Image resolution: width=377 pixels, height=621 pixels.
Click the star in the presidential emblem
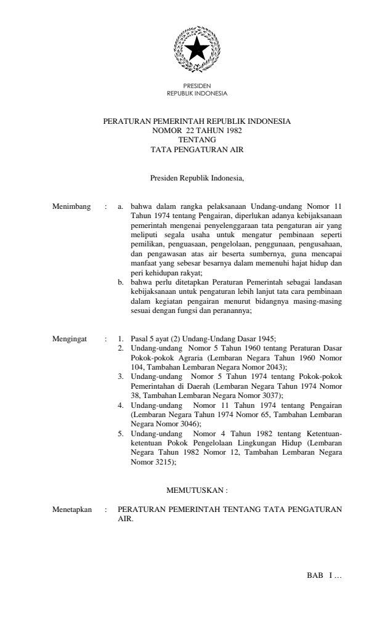pos(197,49)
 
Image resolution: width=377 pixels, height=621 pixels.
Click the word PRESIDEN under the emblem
pos(197,87)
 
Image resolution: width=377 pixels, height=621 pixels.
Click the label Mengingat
pos(70,338)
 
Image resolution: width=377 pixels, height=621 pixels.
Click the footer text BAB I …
pos(324,576)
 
